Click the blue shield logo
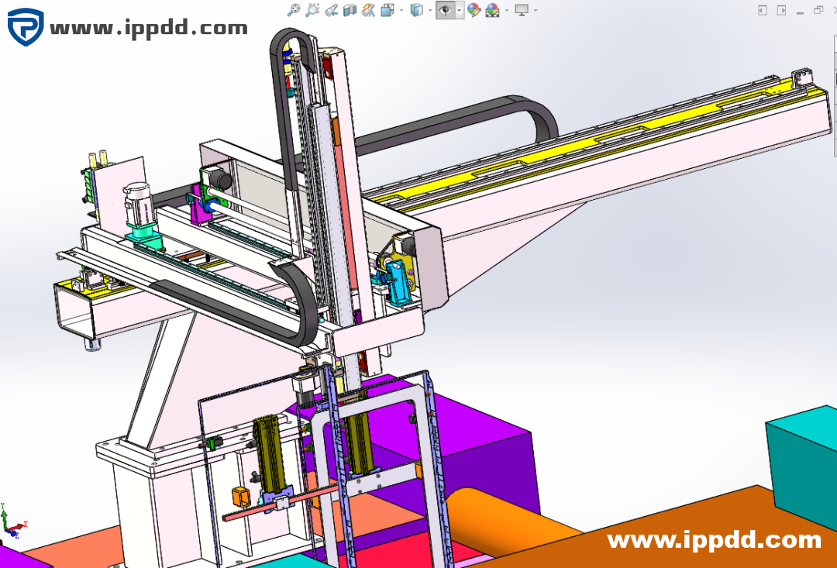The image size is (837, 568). click(x=26, y=26)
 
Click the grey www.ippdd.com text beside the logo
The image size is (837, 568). click(x=149, y=28)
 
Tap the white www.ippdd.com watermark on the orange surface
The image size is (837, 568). click(x=715, y=540)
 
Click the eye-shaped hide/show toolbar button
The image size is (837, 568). click(x=445, y=9)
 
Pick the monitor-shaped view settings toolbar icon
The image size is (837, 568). click(x=522, y=9)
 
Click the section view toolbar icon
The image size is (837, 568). click(x=350, y=9)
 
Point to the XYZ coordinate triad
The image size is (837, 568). click(x=12, y=521)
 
